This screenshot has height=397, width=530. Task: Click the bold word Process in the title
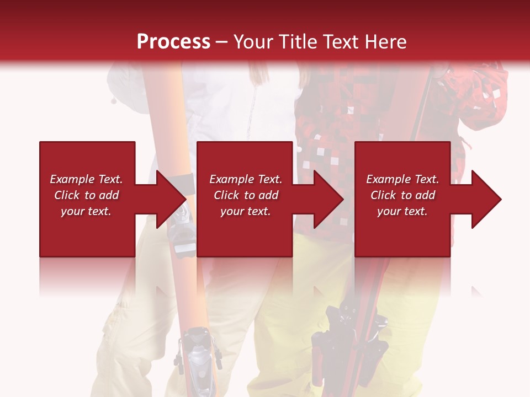(173, 41)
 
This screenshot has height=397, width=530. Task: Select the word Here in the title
(385, 41)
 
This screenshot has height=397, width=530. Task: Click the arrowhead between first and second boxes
(171, 199)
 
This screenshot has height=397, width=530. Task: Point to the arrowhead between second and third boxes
(328, 199)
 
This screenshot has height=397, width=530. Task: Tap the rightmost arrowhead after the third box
(486, 199)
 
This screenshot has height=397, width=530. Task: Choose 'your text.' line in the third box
(402, 211)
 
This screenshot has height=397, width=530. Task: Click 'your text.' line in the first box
(86, 211)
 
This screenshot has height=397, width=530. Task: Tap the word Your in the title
(252, 41)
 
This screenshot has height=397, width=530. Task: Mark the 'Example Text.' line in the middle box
(246, 179)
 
